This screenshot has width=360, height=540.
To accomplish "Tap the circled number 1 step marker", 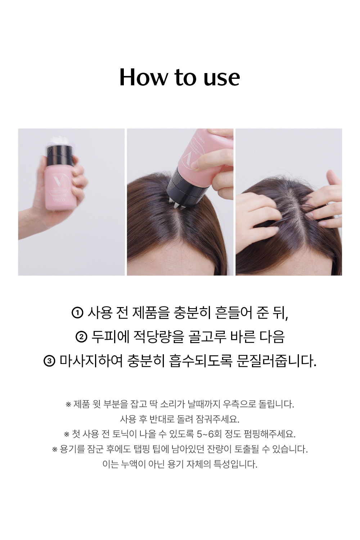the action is pos(77,313).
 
